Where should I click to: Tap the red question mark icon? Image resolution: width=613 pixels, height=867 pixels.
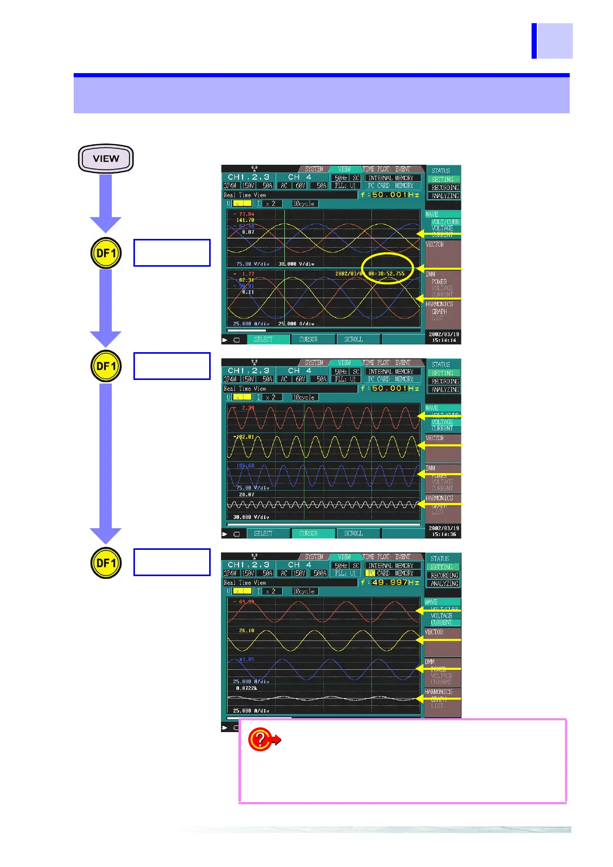coord(260,739)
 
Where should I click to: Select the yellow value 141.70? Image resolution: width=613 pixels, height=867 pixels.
coord(245,220)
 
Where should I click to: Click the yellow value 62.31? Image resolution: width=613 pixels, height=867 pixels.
coord(246,280)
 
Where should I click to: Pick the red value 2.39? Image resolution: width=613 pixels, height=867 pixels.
coord(248,408)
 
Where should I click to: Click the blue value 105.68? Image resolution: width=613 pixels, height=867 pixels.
coord(245,465)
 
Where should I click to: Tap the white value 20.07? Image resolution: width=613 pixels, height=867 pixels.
coord(246,495)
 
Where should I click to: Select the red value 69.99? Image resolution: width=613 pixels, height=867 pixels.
coord(247,602)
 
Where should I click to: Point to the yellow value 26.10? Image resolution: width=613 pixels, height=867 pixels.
coord(246,631)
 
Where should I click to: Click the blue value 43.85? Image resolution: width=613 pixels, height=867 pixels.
coord(246,660)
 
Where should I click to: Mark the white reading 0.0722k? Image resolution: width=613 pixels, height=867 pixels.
coord(247,688)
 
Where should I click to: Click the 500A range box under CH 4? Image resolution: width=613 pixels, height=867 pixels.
coord(320,573)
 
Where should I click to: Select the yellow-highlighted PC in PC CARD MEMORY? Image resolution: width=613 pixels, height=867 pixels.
coord(371,573)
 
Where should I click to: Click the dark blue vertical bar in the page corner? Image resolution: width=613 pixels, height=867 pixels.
coord(534,41)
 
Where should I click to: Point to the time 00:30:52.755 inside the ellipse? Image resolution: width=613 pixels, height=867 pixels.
coord(387,274)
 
